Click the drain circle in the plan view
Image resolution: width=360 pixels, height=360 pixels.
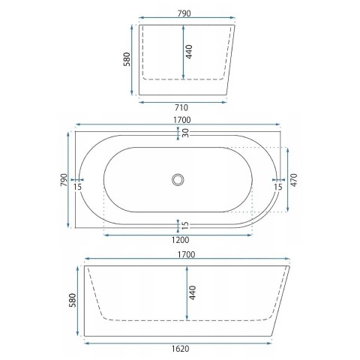click(178, 180)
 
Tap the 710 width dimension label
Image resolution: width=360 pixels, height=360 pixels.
click(181, 108)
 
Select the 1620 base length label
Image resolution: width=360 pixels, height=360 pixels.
click(180, 349)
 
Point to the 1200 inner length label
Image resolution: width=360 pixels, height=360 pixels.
click(180, 240)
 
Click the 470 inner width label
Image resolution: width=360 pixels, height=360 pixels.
click(294, 180)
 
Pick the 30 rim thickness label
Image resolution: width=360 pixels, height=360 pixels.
click(185, 133)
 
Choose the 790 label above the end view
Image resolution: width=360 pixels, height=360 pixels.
click(184, 13)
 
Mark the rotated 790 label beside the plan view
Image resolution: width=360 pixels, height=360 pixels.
click(64, 180)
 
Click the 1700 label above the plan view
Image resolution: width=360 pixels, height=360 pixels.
click(182, 120)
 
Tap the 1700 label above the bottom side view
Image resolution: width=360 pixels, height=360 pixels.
click(186, 254)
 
